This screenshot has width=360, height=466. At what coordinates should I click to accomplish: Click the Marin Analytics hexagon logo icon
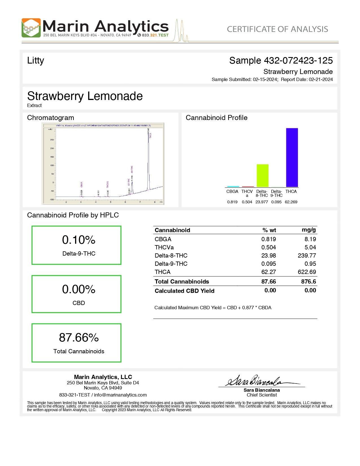click(x=31, y=28)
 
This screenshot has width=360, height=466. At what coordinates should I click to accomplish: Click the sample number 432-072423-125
click(x=298, y=60)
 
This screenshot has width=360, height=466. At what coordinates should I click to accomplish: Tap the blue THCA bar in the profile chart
click(x=292, y=157)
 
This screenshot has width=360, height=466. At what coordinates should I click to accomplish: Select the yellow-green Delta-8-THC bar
click(x=262, y=175)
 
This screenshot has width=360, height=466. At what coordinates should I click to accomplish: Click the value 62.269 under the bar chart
click(x=291, y=202)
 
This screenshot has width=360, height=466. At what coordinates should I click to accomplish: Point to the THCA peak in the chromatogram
click(x=148, y=136)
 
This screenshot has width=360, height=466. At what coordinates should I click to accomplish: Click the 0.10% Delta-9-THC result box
click(x=77, y=245)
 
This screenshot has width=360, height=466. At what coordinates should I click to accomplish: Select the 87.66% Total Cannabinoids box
click(x=77, y=343)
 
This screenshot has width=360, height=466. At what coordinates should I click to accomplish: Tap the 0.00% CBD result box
click(x=77, y=294)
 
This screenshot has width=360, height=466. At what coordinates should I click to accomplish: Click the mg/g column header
click(x=309, y=230)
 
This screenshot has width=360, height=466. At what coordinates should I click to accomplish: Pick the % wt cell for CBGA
click(x=269, y=239)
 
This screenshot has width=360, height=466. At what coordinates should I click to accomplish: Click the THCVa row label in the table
click(x=164, y=247)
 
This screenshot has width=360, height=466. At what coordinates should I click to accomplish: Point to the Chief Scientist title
click(x=262, y=395)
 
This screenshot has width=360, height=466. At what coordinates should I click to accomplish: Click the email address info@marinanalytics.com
click(x=120, y=395)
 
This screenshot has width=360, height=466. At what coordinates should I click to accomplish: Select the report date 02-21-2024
click(x=321, y=80)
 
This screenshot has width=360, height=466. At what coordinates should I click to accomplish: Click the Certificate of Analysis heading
click(x=277, y=29)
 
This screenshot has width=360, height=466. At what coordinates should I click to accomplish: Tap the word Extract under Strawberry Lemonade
click(x=34, y=105)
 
